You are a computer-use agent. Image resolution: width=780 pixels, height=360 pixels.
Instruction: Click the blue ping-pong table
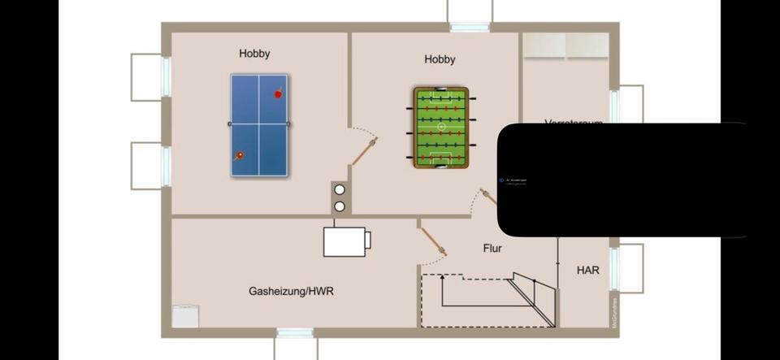pos(259,124)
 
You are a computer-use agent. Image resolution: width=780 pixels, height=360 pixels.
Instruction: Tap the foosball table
pos(441,128)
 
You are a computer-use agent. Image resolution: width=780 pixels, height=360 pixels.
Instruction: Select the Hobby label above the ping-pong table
pos(254,54)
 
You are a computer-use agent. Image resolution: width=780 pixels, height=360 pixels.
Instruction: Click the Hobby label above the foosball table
pos(440,59)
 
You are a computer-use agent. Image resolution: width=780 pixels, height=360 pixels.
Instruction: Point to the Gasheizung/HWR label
pos(291,291)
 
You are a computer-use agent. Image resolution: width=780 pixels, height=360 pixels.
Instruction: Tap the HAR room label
pos(588,270)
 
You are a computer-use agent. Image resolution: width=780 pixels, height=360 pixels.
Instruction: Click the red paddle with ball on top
pos(278,93)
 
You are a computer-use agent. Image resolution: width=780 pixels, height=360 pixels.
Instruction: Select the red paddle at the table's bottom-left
pos(240,154)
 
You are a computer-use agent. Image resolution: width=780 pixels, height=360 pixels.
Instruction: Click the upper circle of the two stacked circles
pos(340,190)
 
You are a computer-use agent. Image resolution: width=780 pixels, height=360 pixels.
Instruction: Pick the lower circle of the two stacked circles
pos(340,206)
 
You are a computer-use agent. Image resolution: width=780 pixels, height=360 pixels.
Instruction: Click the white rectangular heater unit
pos(346,241)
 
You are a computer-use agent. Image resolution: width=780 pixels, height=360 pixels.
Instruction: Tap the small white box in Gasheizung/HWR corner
pos(185,316)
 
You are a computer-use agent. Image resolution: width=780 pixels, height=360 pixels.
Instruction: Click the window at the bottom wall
pos(295,333)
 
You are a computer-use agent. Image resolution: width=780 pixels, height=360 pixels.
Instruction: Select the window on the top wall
pos(470,27)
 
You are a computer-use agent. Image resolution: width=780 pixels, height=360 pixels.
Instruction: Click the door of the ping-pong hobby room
pos(363,150)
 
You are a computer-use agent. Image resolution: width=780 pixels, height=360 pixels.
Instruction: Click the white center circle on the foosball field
pos(441,128)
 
